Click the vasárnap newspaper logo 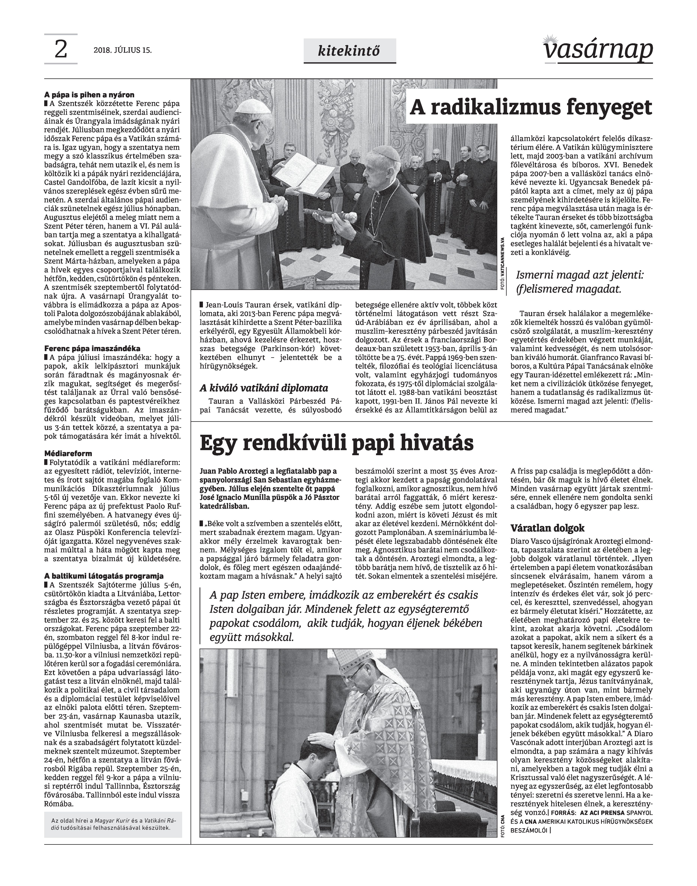598,50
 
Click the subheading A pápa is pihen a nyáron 89,95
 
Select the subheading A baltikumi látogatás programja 104,576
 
